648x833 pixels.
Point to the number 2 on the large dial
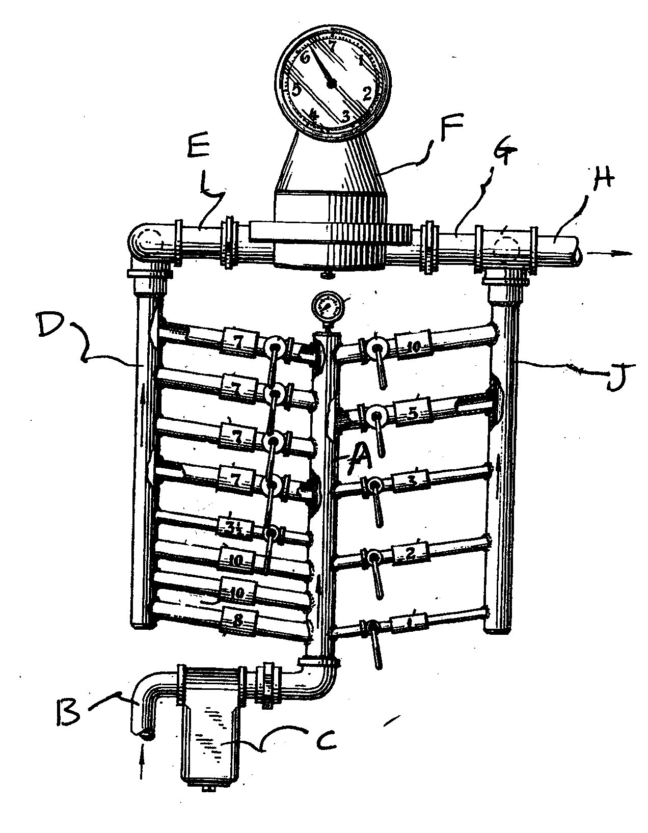pos(366,93)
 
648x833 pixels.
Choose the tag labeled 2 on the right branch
pos(411,553)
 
